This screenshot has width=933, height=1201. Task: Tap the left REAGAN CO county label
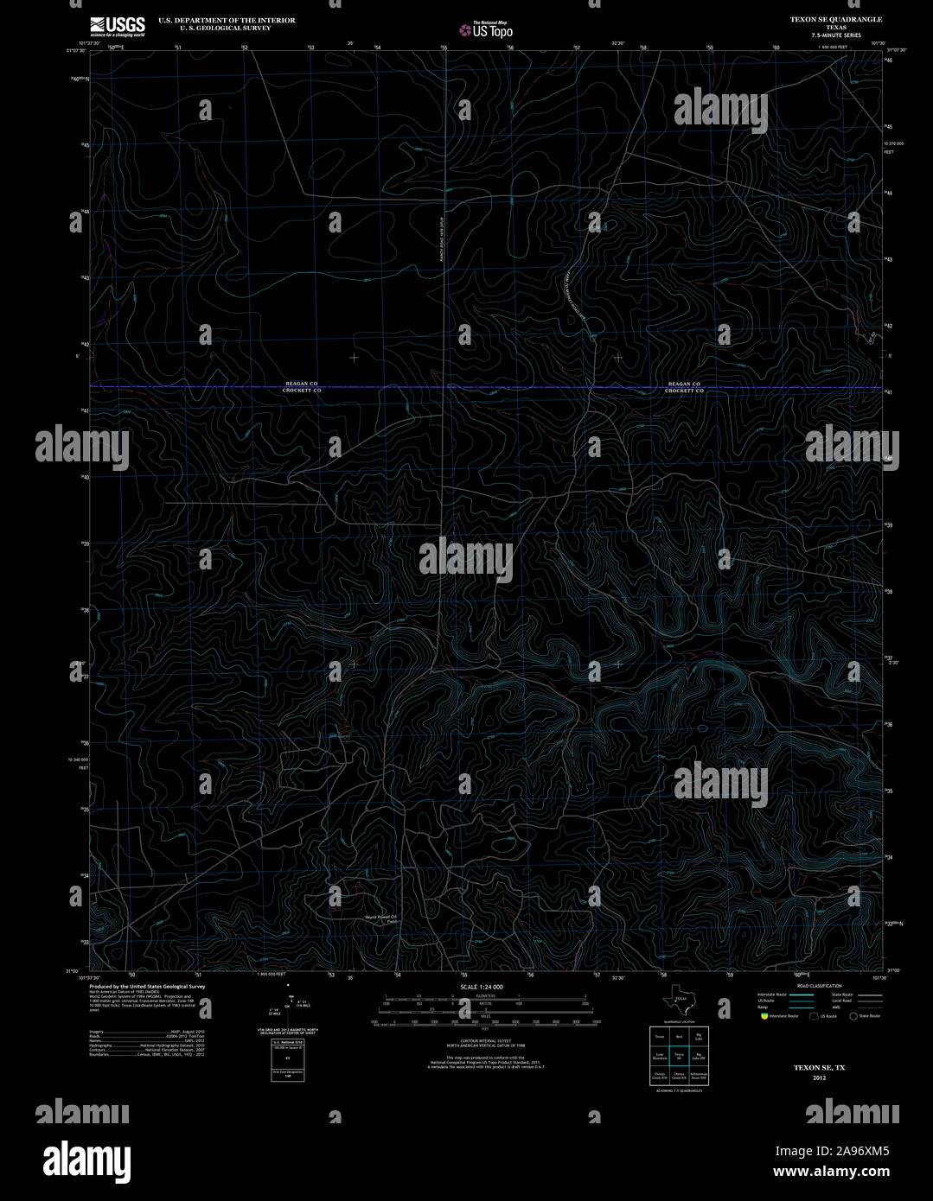click(302, 384)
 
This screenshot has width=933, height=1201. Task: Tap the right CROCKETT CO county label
click(684, 391)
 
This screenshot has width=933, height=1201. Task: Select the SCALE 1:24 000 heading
click(482, 986)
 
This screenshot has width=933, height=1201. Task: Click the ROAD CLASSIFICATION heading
click(819, 986)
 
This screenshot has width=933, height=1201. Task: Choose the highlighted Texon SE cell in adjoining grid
click(680, 1055)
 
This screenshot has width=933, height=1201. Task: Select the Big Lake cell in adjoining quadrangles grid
click(700, 1035)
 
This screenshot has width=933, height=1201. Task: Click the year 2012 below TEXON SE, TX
click(819, 1077)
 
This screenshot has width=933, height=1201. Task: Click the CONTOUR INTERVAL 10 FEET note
click(482, 1040)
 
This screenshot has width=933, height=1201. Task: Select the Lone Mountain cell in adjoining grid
click(660, 1055)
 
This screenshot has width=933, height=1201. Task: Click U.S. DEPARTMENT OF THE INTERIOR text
click(227, 20)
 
